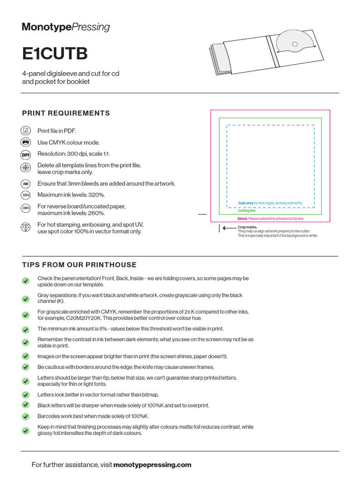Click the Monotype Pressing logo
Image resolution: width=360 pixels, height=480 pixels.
tap(66, 27)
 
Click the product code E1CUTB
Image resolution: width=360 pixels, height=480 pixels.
tap(55, 54)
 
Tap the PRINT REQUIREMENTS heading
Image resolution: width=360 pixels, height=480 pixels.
tap(66, 113)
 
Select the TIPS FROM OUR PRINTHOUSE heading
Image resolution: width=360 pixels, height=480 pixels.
tap(79, 265)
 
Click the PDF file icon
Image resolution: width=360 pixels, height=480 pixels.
tap(26, 131)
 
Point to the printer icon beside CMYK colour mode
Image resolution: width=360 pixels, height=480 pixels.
tap(26, 142)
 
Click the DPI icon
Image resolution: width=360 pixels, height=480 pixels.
tap(26, 154)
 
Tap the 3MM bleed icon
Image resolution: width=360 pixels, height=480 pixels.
tap(26, 184)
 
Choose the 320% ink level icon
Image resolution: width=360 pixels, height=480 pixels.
tap(26, 195)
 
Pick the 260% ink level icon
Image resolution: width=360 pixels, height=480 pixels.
tap(26, 208)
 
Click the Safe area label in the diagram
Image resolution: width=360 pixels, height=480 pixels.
tap(246, 203)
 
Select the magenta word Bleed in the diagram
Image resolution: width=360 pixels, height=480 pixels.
tap(242, 219)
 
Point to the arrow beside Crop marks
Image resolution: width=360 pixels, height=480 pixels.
tap(228, 228)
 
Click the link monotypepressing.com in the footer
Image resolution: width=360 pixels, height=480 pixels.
tap(152, 465)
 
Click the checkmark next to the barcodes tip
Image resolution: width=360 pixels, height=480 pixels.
tap(25, 416)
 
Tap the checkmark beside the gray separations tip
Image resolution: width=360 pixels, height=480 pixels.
tap(25, 299)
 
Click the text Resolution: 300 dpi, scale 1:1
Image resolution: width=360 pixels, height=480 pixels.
tap(74, 154)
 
